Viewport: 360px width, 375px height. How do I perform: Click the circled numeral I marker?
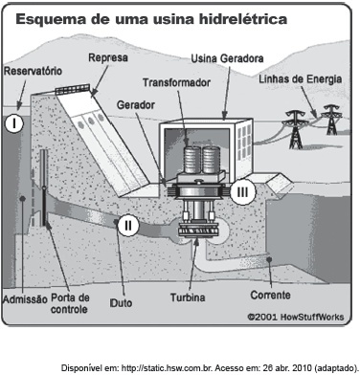[14, 123]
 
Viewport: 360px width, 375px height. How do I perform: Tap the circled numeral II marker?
[128, 226]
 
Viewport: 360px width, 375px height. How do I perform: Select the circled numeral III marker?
[243, 192]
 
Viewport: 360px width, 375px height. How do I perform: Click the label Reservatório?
[33, 71]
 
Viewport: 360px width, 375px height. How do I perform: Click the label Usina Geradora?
[227, 58]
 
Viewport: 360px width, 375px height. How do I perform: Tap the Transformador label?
[176, 82]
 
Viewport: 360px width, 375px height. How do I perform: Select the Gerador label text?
[136, 105]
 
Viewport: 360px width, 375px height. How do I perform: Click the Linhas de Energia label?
[301, 79]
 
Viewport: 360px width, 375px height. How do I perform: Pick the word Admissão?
[25, 299]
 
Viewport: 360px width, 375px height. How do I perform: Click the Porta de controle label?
[70, 303]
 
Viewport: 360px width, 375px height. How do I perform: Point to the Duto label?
[121, 302]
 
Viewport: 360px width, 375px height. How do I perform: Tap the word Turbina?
[188, 298]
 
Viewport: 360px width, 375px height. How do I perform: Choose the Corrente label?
[270, 295]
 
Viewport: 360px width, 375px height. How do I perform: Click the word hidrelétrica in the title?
[243, 19]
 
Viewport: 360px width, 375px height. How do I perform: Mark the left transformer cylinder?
[191, 159]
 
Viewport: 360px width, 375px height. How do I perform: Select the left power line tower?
[296, 129]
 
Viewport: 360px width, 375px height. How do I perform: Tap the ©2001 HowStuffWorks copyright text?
[296, 317]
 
